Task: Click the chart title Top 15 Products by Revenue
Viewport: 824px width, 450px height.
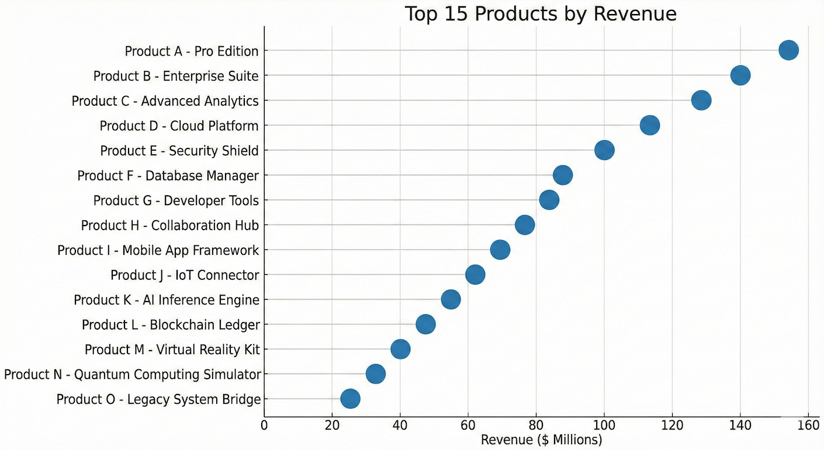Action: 541,13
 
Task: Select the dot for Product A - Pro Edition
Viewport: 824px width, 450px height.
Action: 788,50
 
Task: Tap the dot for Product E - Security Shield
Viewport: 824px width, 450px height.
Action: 604,150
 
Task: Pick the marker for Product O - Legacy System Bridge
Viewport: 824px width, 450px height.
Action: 350,399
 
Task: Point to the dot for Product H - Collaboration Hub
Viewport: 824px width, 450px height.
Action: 525,225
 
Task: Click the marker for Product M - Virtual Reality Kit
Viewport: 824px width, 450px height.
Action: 400,349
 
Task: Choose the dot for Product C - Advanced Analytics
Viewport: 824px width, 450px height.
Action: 701,100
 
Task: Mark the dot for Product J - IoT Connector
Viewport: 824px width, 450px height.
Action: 475,275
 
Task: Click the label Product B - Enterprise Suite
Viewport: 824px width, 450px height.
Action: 176,76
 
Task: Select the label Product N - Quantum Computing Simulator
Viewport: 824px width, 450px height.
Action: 132,375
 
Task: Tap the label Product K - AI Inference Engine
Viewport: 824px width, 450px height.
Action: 167,300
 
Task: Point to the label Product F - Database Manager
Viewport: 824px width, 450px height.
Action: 168,175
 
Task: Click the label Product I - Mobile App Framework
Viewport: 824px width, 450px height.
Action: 158,250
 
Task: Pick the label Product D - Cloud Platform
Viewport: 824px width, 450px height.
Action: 179,126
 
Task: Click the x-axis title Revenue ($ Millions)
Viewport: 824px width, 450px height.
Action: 541,439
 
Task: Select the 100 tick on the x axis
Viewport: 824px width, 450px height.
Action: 604,425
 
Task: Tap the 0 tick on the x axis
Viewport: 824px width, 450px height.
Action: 264,425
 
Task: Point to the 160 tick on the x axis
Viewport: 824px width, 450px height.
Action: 808,425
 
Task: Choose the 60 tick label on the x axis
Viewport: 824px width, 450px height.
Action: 468,425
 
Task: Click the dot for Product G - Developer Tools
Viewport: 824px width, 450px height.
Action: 549,200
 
